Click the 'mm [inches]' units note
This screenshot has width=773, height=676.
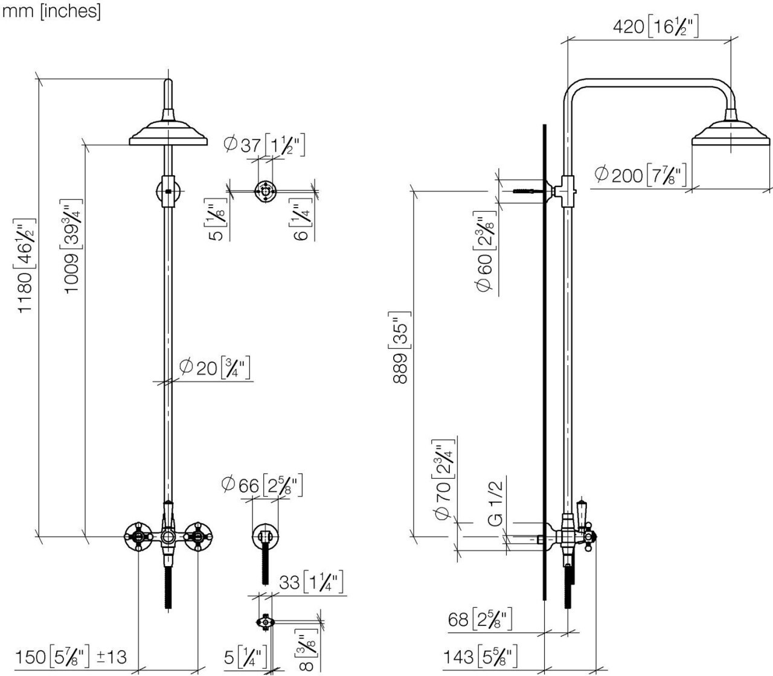click(x=52, y=11)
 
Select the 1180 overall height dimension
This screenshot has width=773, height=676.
click(x=27, y=266)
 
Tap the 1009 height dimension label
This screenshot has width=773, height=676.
click(x=71, y=246)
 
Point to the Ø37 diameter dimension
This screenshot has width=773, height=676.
click(x=264, y=145)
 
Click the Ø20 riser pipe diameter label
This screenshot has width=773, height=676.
click(x=214, y=368)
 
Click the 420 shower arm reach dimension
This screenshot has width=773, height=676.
click(x=655, y=27)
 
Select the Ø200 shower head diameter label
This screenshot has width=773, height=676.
click(x=640, y=175)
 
